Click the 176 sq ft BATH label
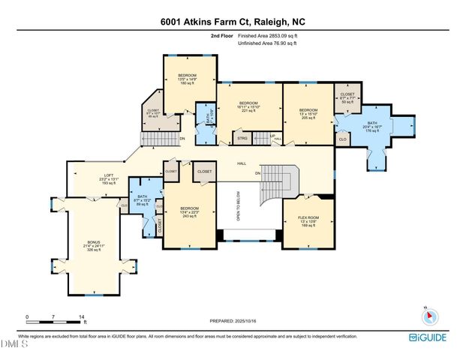372,124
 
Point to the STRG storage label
242,138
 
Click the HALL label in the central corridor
242,163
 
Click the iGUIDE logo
430,337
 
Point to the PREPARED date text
233,321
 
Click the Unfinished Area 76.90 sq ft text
268,43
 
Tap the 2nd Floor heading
222,35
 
